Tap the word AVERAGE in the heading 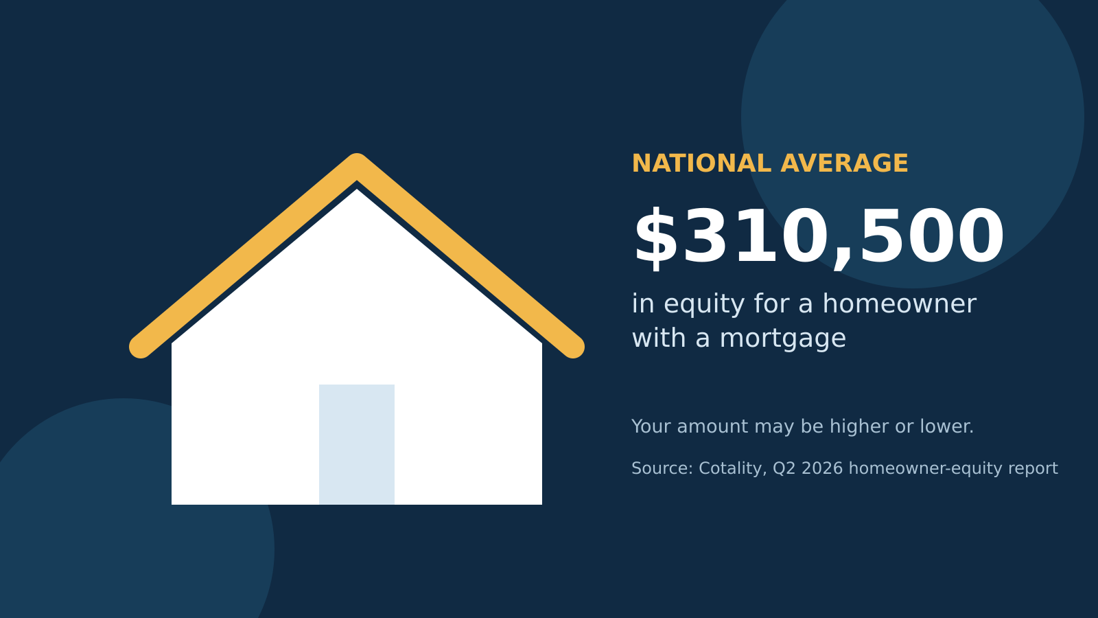tap(844, 164)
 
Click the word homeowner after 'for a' tap(900, 304)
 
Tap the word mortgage tap(783, 339)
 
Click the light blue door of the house tap(357, 444)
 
